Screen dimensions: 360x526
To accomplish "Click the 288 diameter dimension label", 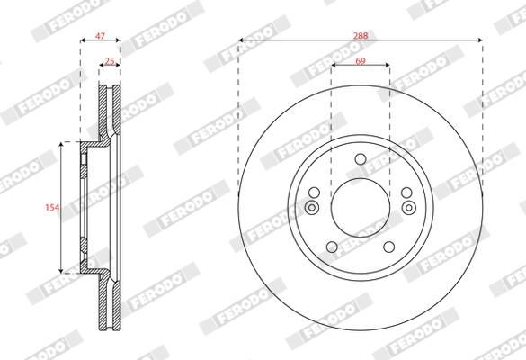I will click(x=361, y=34).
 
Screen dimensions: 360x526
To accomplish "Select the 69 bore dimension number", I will click(x=361, y=59).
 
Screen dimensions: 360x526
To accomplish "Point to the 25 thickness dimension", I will click(x=110, y=61).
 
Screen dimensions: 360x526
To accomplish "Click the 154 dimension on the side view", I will click(x=52, y=207).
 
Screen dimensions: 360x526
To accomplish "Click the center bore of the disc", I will click(x=361, y=208).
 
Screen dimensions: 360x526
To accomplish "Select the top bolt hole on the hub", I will click(x=361, y=160).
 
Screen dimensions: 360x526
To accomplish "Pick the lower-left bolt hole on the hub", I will click(x=332, y=247).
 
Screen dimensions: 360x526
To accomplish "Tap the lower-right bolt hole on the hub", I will click(x=389, y=247).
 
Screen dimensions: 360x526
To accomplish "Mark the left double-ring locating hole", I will click(x=312, y=209).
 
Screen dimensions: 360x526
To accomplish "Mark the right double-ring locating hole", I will click(x=409, y=209).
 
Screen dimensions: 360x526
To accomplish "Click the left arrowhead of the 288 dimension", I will click(x=241, y=40).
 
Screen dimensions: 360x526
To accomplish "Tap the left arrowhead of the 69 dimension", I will click(x=334, y=66).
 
